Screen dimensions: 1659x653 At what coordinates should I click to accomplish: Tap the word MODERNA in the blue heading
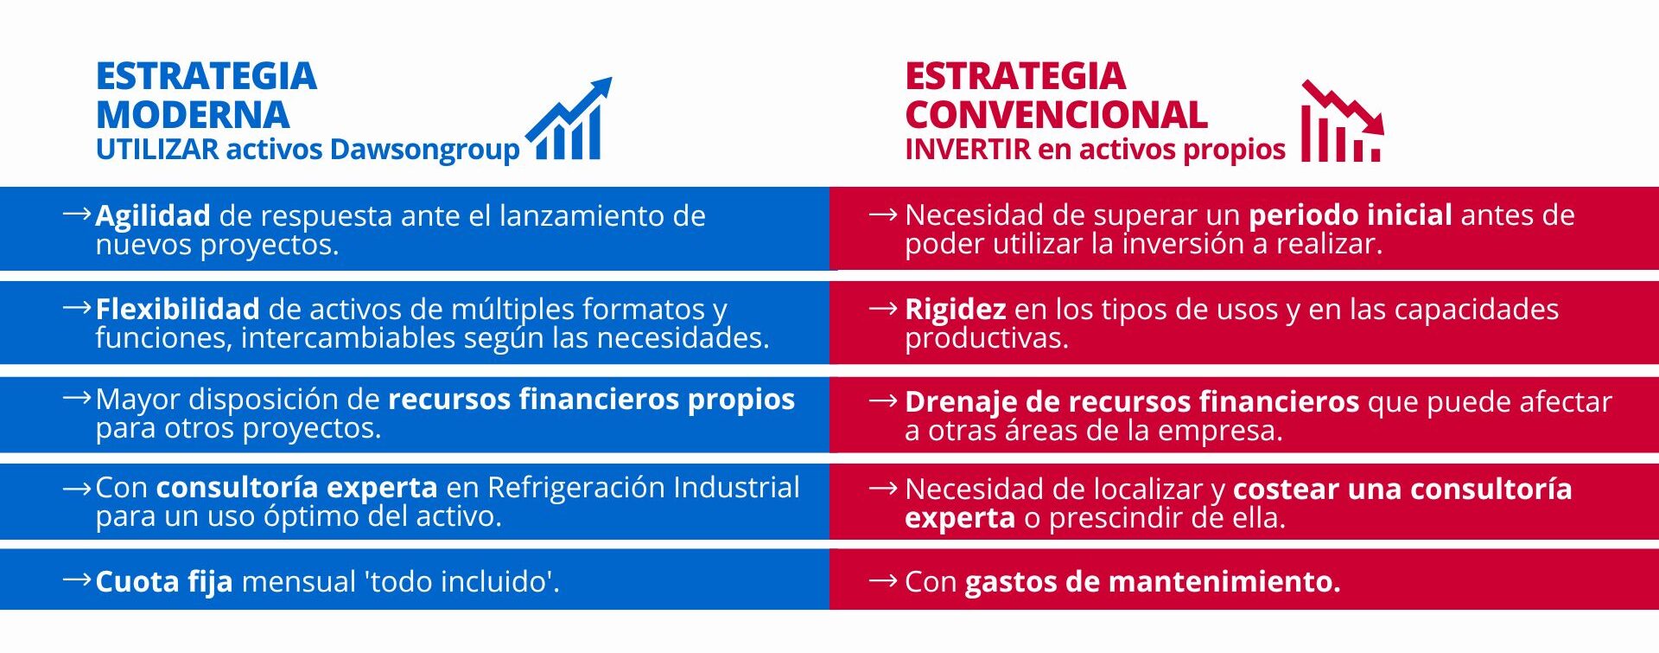(x=193, y=114)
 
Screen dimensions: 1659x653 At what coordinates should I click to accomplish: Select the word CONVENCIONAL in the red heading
(x=1056, y=114)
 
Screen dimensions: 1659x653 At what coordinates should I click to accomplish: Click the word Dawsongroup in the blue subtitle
(x=424, y=150)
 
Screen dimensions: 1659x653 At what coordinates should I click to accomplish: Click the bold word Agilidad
(x=153, y=215)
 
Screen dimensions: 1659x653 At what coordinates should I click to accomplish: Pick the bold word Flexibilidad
(x=177, y=309)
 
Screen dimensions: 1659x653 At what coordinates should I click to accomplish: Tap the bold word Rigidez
(x=955, y=310)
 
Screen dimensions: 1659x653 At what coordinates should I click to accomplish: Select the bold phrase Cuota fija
(x=164, y=581)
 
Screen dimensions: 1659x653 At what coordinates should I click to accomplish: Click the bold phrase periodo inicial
(x=1351, y=214)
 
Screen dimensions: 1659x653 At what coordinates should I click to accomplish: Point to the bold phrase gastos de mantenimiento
(x=1153, y=581)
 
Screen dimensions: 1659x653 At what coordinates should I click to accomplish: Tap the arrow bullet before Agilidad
(x=77, y=213)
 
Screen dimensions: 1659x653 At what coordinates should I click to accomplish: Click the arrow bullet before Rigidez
(x=883, y=307)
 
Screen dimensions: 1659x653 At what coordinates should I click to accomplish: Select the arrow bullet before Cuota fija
(x=77, y=579)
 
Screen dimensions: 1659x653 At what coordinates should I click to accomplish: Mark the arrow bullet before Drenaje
(x=883, y=400)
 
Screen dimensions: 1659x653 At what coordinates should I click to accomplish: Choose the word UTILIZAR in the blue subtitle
(x=158, y=149)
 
